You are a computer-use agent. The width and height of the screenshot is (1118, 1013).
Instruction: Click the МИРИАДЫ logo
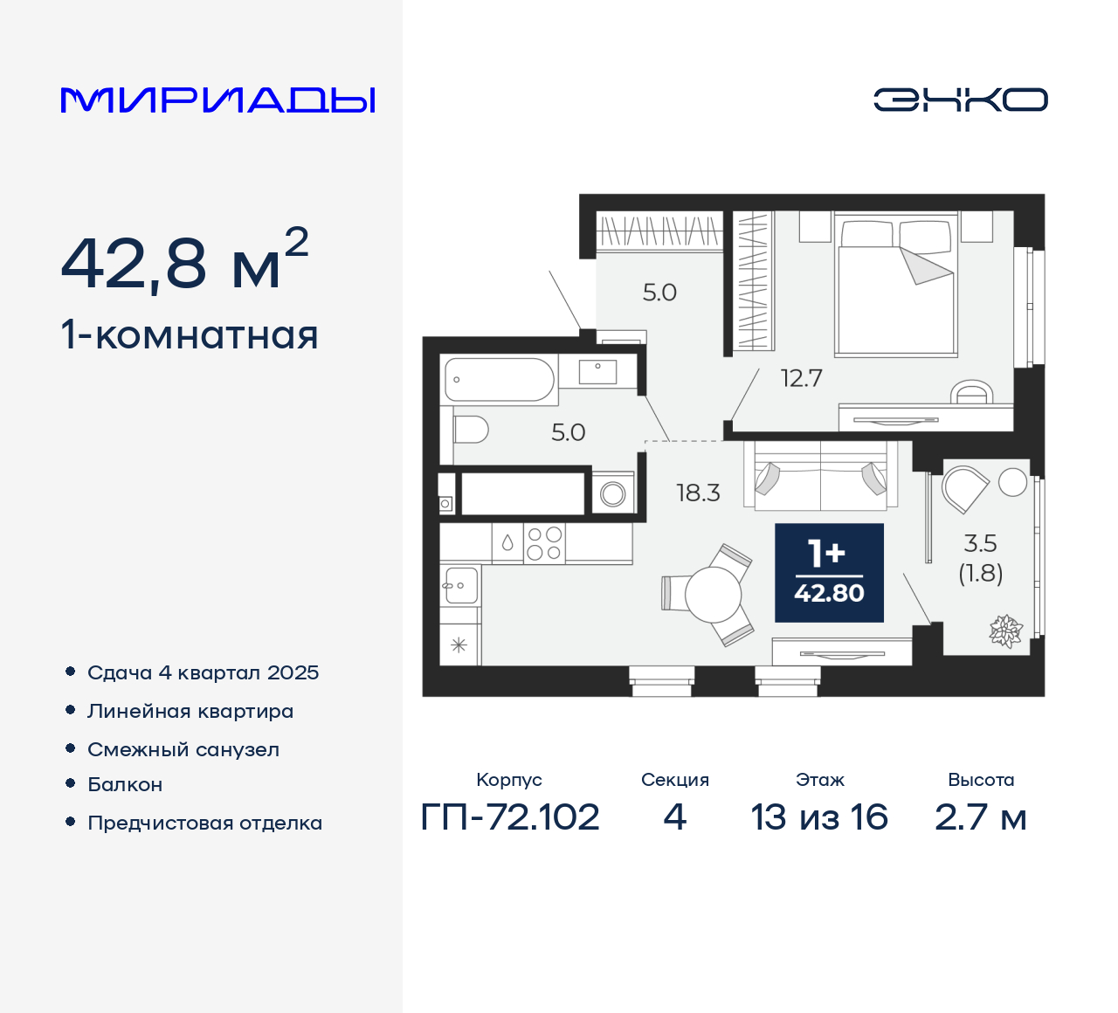pyautogui.click(x=218, y=100)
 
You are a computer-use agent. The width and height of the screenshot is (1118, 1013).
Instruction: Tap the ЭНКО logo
pyautogui.click(x=960, y=100)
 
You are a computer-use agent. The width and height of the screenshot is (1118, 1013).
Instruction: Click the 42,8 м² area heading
pyautogui.click(x=184, y=261)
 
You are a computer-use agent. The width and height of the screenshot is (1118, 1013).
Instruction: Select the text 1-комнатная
pyautogui.click(x=190, y=335)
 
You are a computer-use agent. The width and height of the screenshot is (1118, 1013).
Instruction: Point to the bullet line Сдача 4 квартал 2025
pyautogui.click(x=203, y=672)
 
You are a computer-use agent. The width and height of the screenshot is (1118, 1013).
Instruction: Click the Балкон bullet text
pyautogui.click(x=125, y=784)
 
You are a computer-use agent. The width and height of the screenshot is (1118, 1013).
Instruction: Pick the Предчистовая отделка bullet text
pyautogui.click(x=204, y=823)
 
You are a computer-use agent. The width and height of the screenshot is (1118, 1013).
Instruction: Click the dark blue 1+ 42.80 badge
pyautogui.click(x=829, y=573)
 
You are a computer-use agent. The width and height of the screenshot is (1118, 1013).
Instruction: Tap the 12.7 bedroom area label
pyautogui.click(x=801, y=378)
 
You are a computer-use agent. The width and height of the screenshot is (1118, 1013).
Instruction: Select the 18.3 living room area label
pyautogui.click(x=698, y=493)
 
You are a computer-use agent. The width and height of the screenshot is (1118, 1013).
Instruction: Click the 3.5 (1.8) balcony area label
pyautogui.click(x=980, y=557)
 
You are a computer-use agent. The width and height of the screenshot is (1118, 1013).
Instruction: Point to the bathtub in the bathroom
pyautogui.click(x=499, y=380)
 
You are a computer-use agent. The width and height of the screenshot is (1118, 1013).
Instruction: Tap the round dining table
pyautogui.click(x=714, y=595)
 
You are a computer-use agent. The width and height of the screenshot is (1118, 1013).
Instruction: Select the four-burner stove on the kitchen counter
pyautogui.click(x=544, y=543)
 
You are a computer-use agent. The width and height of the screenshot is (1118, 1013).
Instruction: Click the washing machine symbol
pyautogui.click(x=613, y=494)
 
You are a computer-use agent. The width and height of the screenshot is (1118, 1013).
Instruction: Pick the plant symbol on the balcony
pyautogui.click(x=1005, y=631)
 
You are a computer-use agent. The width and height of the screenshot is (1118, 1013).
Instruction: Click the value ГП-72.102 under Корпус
pyautogui.click(x=510, y=817)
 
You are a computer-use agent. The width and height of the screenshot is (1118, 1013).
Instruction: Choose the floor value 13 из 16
pyautogui.click(x=819, y=817)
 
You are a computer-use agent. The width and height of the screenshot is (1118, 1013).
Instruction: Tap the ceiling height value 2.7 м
pyautogui.click(x=980, y=817)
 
